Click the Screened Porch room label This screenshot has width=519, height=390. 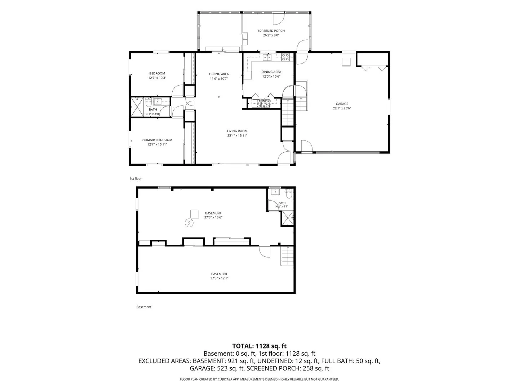pyautogui.click(x=271, y=31)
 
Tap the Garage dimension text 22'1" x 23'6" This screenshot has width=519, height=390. pyautogui.click(x=342, y=108)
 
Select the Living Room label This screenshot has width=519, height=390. pyautogui.click(x=237, y=131)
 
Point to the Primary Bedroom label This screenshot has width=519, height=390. pyautogui.click(x=157, y=140)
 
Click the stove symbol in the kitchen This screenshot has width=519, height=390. pyautogui.click(x=285, y=57)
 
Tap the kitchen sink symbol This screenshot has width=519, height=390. pyautogui.click(x=267, y=57)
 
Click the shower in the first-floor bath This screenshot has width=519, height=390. pyautogui.click(x=137, y=107)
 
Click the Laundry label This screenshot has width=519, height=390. pyautogui.click(x=264, y=101)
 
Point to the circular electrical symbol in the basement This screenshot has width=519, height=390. pyautogui.click(x=189, y=222)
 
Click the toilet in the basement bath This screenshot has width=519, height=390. pyautogui.click(x=289, y=194)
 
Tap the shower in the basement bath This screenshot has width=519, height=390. pyautogui.click(x=287, y=218)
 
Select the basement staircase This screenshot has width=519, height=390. pyautogui.click(x=287, y=256)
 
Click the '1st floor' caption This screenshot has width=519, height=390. pyautogui.click(x=136, y=178)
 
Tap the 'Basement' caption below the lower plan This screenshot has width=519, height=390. pyautogui.click(x=144, y=307)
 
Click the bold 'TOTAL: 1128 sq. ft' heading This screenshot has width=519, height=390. pyautogui.click(x=259, y=346)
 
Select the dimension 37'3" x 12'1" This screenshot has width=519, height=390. pyautogui.click(x=219, y=278)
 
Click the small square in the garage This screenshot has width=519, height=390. pyautogui.click(x=346, y=62)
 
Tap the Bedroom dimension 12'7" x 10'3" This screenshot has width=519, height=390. pyautogui.click(x=157, y=78)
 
